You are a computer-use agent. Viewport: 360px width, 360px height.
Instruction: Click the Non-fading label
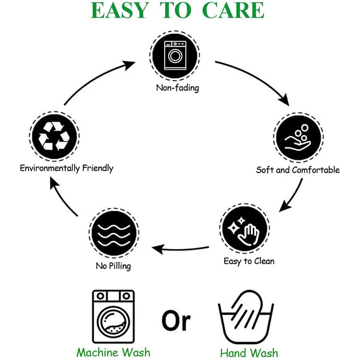point(177,88)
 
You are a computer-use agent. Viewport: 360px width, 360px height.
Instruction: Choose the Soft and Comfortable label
point(298,169)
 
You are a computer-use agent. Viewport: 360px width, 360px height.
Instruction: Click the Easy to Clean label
point(249,261)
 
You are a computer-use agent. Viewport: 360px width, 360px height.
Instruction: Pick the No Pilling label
point(113,266)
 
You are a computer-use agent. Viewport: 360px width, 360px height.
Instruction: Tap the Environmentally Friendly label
point(66,168)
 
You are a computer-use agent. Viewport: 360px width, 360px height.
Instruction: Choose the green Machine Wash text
point(113,352)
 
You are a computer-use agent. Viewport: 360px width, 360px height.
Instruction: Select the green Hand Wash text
point(249,353)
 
